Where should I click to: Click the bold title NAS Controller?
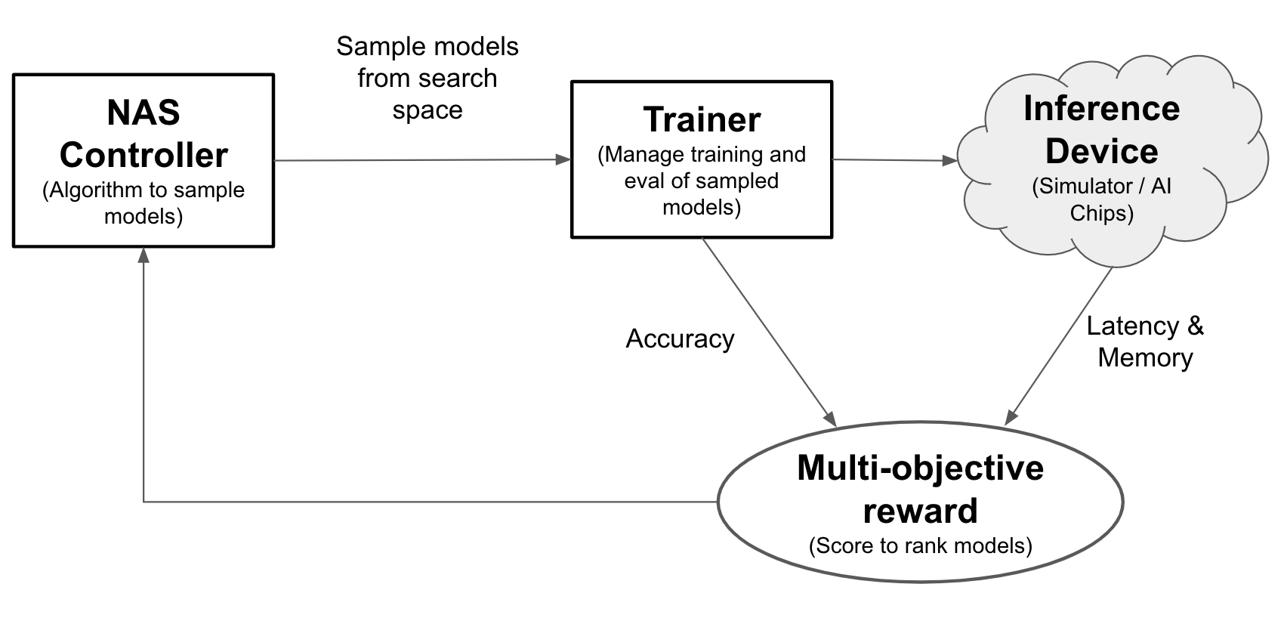144,134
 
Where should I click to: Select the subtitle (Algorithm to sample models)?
144,202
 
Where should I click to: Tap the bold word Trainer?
702,119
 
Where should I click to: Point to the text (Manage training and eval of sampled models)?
702,181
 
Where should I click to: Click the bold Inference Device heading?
1101,129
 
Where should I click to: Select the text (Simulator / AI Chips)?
1101,199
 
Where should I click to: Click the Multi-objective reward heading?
920,489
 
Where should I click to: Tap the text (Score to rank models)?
920,545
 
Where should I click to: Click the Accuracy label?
680,338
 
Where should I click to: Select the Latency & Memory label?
1145,341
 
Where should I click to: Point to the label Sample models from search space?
427,78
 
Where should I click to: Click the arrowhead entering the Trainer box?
563,159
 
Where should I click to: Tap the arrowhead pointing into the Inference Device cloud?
950,160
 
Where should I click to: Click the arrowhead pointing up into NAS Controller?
144,255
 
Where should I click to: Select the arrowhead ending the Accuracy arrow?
831,419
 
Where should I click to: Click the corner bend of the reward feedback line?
144,502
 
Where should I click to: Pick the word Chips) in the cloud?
1101,213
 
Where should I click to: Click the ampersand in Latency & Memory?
1195,326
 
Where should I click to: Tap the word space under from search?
427,110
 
